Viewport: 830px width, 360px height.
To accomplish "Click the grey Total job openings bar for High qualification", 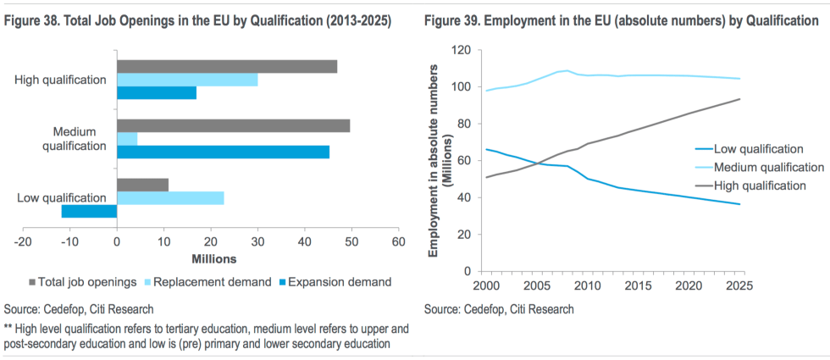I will (x=227, y=67).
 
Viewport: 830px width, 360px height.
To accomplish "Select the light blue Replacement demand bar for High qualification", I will (x=187, y=80).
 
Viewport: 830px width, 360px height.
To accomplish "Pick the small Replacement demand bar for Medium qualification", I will (x=127, y=139).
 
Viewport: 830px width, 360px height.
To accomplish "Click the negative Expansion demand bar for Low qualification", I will (x=89, y=211).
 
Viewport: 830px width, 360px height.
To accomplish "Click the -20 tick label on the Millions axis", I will (x=24, y=241).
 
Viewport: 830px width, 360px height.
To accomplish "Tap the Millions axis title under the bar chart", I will (x=213, y=258).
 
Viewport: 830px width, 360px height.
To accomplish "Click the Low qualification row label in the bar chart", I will (x=62, y=197).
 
